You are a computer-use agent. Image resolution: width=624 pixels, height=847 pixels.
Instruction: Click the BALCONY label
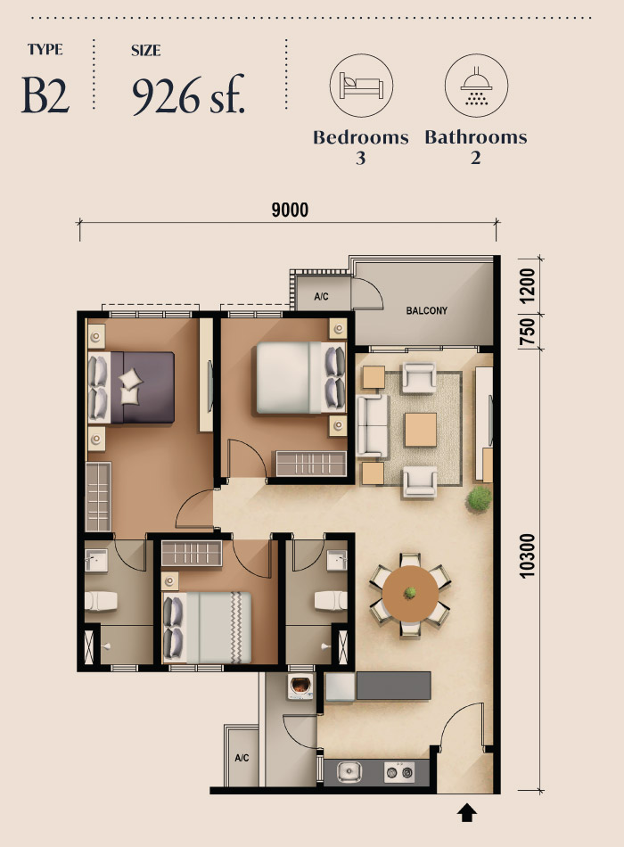pyautogui.click(x=426, y=311)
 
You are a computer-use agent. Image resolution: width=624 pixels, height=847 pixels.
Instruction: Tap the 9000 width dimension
pyautogui.click(x=289, y=210)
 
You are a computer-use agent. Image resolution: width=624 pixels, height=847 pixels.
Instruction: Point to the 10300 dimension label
pyautogui.click(x=527, y=557)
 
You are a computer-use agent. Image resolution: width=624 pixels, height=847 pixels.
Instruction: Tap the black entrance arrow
pyautogui.click(x=467, y=812)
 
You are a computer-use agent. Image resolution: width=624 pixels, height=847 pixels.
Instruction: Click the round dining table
pyautogui.click(x=410, y=592)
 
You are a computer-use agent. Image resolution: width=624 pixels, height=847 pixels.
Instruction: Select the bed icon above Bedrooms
pyautogui.click(x=361, y=86)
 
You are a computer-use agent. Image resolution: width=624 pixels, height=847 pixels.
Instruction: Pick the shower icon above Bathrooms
pyautogui.click(x=475, y=86)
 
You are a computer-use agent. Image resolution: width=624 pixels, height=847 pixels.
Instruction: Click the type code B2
pyautogui.click(x=45, y=96)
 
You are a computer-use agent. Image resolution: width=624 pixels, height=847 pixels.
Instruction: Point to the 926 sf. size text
pyautogui.click(x=188, y=96)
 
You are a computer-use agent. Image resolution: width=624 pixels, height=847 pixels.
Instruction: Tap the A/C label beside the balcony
pyautogui.click(x=322, y=297)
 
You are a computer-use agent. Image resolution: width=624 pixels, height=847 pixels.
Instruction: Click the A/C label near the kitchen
pyautogui.click(x=241, y=759)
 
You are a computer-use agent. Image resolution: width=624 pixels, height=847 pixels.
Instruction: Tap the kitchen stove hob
pyautogui.click(x=398, y=772)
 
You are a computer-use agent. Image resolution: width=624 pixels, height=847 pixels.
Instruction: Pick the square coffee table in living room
pyautogui.click(x=420, y=430)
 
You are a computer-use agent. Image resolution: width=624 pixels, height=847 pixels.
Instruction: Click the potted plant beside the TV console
pyautogui.click(x=480, y=498)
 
